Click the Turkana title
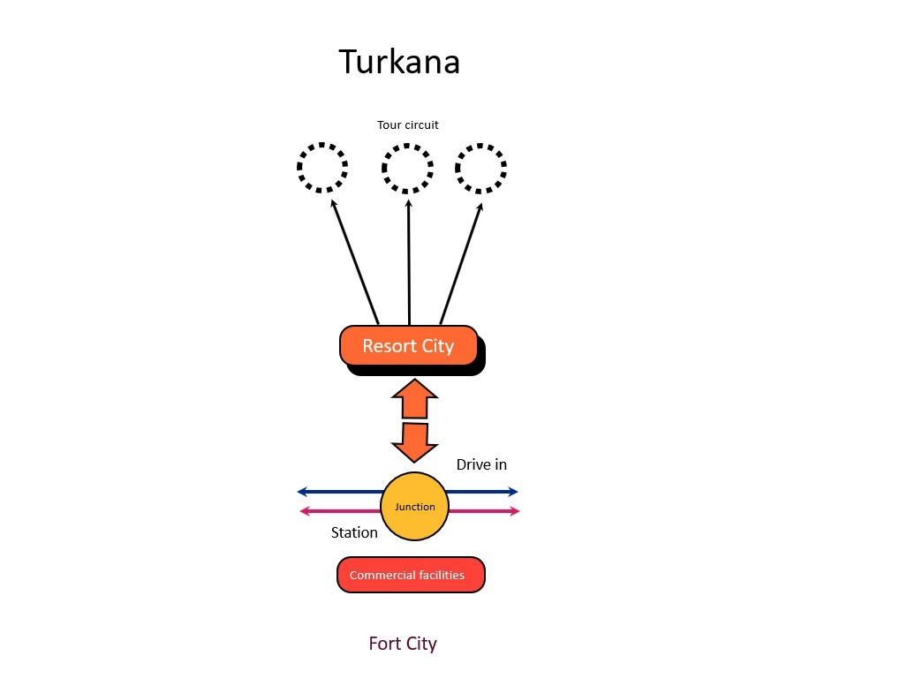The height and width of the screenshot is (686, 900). pos(399,62)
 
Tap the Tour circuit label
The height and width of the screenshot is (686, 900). pos(407,125)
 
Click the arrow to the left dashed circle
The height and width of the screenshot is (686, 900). pos(355,261)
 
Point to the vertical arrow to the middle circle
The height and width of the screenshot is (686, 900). pos(409,263)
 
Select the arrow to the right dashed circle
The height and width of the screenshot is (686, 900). pos(461,264)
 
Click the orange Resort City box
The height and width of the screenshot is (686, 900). pos(409,346)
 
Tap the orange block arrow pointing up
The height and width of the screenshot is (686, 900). pos(414,399)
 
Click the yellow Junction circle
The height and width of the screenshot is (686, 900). pos(414,507)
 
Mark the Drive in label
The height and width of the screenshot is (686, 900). pos(481,464)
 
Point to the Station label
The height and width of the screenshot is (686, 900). pos(354,533)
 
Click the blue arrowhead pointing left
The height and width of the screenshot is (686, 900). pos(302,492)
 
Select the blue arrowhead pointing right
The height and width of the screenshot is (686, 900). pos(512,492)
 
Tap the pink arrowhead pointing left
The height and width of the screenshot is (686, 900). pos(306,511)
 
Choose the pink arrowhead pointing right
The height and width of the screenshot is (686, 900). pos(514,511)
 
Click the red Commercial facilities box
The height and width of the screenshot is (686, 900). pos(411,575)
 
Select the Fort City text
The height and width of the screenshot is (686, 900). pos(403,645)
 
